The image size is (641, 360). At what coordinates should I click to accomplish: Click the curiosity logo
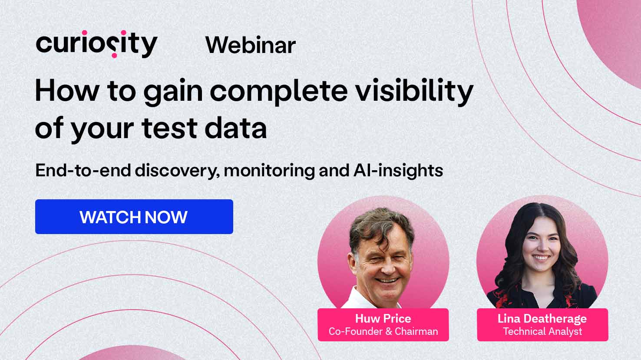point(97,44)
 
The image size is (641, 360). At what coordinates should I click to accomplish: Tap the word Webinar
point(251,45)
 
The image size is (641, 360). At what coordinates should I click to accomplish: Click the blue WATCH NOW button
point(134,217)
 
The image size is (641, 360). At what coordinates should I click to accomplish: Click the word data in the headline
point(236,128)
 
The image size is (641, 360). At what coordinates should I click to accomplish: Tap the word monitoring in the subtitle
point(269,171)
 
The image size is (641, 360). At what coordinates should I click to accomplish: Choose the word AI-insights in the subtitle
point(398,171)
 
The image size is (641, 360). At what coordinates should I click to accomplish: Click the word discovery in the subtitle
point(178,171)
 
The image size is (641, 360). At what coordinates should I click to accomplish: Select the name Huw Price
point(383,318)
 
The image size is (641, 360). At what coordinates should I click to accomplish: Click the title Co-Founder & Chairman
point(383,331)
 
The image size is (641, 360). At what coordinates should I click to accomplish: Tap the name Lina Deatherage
point(542,318)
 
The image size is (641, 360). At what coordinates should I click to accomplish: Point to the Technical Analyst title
point(542,331)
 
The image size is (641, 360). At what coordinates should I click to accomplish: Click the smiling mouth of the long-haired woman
point(541,258)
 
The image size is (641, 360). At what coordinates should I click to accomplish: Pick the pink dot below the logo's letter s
point(114,55)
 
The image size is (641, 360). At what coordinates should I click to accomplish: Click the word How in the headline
point(67,91)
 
